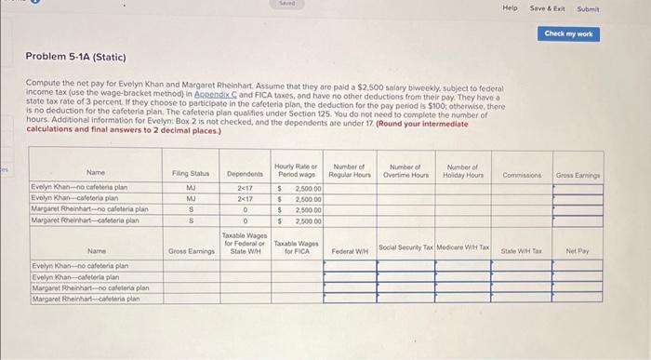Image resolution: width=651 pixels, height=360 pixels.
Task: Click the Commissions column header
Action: pos(522,172)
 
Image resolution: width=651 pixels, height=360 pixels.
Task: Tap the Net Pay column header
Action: pos(578,251)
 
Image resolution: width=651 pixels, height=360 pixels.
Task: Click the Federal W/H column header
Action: pos(350,251)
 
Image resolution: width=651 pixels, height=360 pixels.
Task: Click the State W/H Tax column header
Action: pos(521,251)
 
